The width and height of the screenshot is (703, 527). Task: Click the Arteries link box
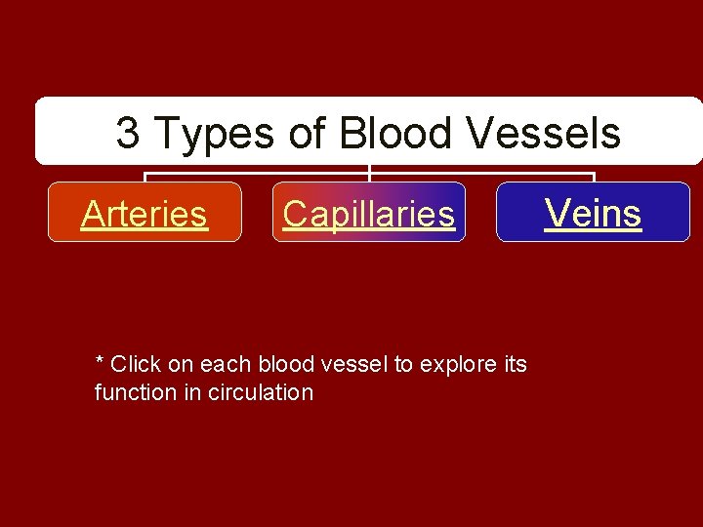click(x=145, y=213)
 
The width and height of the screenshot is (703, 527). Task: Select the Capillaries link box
click(x=369, y=213)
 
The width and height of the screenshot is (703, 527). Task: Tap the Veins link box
click(x=593, y=212)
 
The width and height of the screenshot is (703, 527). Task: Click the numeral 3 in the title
click(x=127, y=133)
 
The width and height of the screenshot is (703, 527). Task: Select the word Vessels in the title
click(x=544, y=133)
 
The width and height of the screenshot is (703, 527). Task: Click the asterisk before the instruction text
click(x=99, y=362)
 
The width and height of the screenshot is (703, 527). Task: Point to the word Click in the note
click(x=136, y=365)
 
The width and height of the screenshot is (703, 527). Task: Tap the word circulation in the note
click(x=262, y=393)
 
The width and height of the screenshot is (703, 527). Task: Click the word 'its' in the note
click(x=516, y=365)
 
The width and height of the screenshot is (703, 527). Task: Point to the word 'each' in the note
click(x=223, y=365)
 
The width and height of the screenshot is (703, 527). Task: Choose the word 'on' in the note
click(x=181, y=365)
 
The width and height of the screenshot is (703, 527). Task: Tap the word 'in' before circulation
click(x=193, y=393)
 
